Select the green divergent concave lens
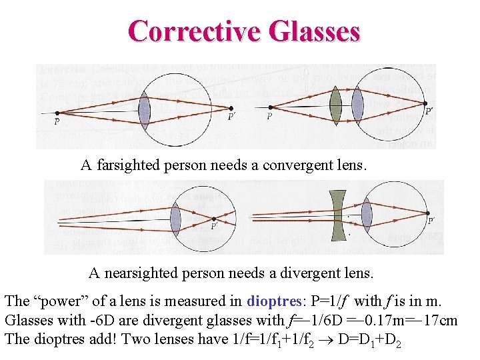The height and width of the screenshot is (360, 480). [x=341, y=215]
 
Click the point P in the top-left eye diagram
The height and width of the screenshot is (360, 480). [x=57, y=113]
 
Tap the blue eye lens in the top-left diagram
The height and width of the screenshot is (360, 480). [x=144, y=111]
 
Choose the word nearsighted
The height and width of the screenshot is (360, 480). [x=143, y=273]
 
